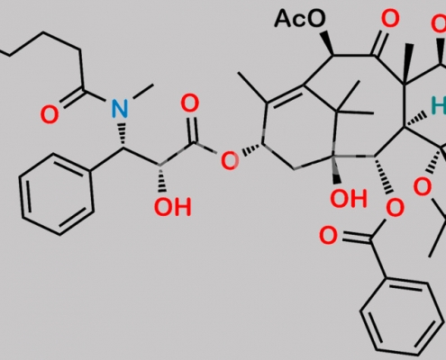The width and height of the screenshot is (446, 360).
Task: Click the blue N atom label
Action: click(120, 108)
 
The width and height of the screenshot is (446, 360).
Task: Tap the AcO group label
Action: click(300, 18)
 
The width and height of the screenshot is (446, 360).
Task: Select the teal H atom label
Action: click(439, 105)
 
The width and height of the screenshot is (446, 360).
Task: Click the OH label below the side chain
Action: click(173, 207)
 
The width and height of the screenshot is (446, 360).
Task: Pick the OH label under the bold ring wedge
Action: click(349, 199)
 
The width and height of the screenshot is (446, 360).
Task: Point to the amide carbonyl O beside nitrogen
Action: click(50, 115)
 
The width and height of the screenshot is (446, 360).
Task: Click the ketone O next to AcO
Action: click(390, 18)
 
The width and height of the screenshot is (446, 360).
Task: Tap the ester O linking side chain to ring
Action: click(230, 160)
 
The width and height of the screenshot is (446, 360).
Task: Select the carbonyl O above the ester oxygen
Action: click(190, 103)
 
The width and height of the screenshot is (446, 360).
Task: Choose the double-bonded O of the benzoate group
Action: click(328, 236)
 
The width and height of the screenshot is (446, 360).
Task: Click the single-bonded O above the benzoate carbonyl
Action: click(395, 208)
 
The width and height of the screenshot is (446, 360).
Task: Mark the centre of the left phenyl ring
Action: click(57, 193)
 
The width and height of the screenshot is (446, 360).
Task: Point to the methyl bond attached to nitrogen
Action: click(143, 91)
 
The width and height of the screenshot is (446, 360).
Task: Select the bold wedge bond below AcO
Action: click(327, 43)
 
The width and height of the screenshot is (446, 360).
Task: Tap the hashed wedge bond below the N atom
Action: click(122, 135)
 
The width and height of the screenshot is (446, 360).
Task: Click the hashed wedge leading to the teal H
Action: click(415, 121)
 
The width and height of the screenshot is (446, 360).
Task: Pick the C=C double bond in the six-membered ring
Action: click(285, 94)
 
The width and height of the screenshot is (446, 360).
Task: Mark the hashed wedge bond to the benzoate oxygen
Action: click(384, 175)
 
